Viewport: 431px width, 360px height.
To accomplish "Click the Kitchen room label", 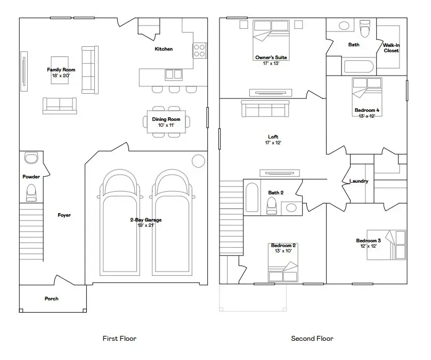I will [164, 49].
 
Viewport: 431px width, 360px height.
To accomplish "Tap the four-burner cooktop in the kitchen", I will [200, 50].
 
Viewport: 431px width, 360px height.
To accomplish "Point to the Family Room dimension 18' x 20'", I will [61, 76].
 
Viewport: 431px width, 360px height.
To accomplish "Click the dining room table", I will [167, 122].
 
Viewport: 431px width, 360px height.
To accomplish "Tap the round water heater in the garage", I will [198, 161].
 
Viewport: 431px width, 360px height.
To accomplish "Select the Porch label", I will [52, 299].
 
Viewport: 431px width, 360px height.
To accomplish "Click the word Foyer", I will [64, 215].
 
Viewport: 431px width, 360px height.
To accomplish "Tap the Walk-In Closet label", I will [391, 48].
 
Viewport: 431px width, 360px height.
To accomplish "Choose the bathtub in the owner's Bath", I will [360, 67].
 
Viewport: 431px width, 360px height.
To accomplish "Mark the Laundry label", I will [359, 181].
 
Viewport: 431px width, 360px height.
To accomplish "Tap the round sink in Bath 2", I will [291, 208].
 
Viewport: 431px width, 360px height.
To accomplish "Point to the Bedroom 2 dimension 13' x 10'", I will [283, 250].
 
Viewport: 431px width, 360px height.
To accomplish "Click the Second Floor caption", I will [312, 338].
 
